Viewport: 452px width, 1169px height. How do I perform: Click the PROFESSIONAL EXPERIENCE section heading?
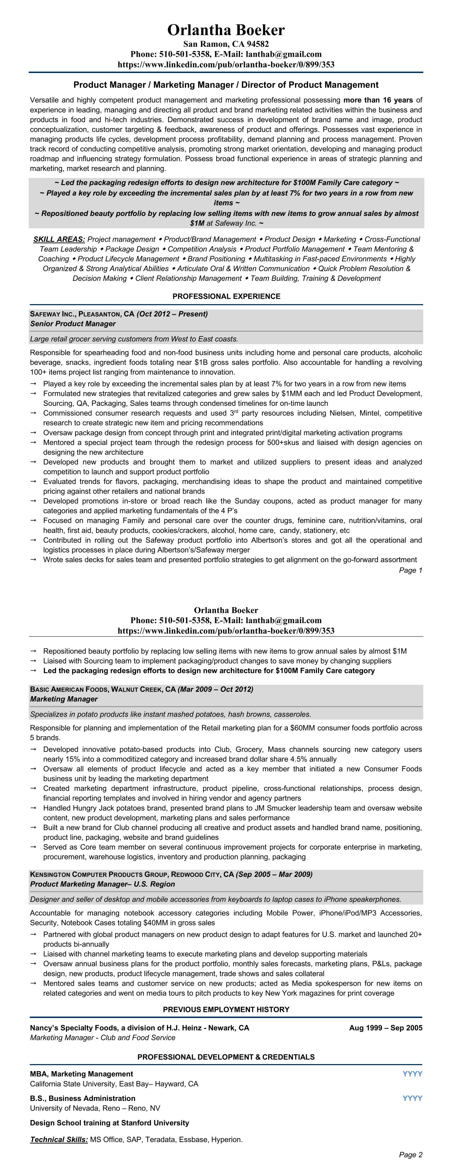click(x=226, y=296)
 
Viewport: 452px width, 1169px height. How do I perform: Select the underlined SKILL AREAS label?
click(x=59, y=239)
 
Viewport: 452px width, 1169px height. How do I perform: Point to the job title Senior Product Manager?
click(x=73, y=324)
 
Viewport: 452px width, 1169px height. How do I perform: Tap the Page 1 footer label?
click(x=410, y=570)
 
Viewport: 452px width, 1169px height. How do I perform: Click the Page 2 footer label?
click(x=410, y=1154)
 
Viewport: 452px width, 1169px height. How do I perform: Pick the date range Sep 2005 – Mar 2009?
click(x=274, y=874)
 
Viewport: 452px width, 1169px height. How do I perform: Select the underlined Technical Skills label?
click(x=59, y=1139)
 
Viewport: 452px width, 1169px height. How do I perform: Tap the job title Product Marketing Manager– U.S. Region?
click(x=102, y=884)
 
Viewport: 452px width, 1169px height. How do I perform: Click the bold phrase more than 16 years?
click(x=378, y=100)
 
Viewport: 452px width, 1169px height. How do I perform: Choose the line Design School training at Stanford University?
click(x=110, y=1123)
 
